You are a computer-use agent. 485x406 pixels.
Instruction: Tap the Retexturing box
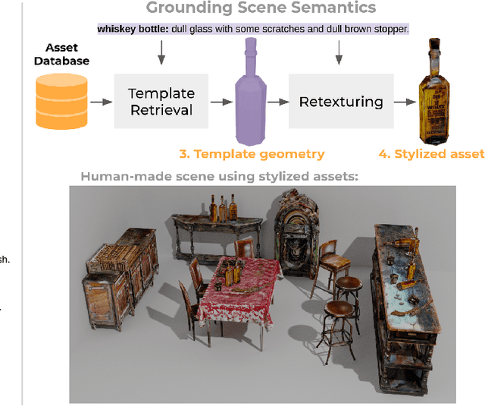tap(340, 101)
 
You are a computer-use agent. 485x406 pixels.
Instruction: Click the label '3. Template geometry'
tap(252, 154)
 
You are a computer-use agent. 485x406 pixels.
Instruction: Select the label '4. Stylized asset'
tap(431, 154)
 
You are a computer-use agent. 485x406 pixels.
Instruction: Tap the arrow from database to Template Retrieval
tap(99, 101)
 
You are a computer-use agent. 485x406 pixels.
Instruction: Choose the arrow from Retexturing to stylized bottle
tap(406, 101)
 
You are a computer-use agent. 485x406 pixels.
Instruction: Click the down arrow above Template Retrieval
tap(160, 52)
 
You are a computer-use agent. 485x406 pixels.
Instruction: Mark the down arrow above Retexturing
tap(339, 52)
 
